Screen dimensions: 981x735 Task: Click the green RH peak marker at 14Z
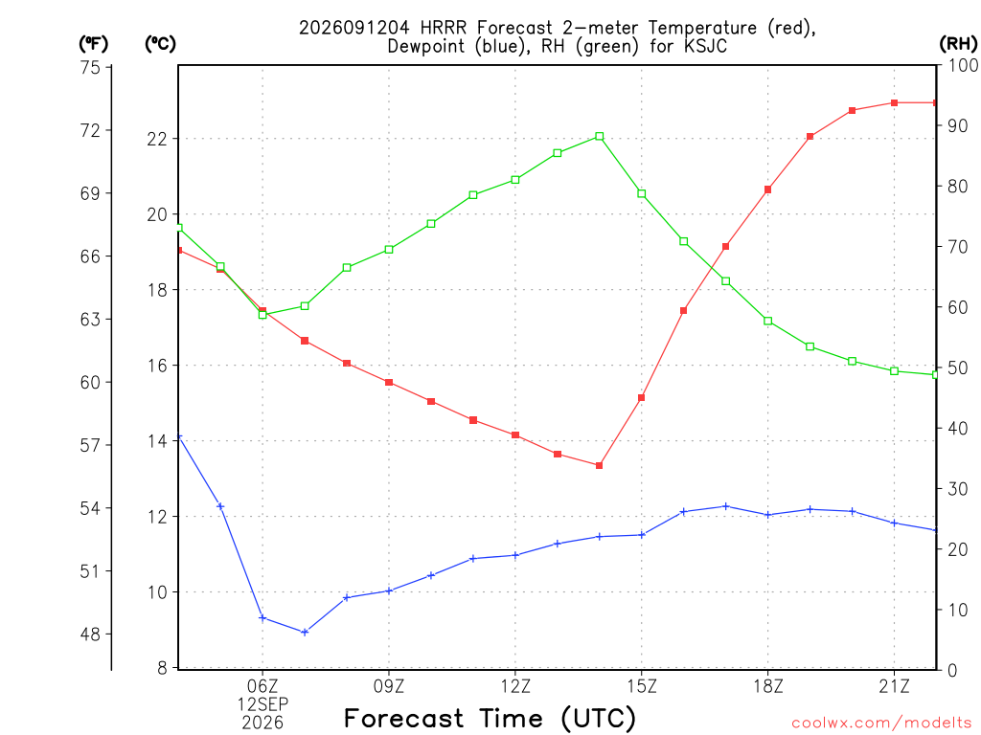coord(600,136)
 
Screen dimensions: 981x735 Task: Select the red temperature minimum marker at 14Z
coord(600,466)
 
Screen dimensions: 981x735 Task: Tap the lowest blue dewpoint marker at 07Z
coord(305,633)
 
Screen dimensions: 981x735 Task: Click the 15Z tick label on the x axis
coord(642,686)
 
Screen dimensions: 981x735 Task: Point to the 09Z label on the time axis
coord(389,686)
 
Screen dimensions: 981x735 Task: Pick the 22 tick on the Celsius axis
coord(157,139)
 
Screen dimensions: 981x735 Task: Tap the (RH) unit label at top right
coord(958,44)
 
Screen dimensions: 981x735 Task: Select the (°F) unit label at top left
coord(93,44)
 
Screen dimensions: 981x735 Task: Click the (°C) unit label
coord(160,44)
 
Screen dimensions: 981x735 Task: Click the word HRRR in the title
coord(443,28)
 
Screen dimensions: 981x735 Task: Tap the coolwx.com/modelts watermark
coord(881,724)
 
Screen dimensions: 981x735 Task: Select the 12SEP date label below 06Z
coord(262,704)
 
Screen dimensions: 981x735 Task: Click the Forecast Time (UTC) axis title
coord(490,718)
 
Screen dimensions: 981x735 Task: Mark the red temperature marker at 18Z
coord(767,189)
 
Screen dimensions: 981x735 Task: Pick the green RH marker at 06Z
coord(262,314)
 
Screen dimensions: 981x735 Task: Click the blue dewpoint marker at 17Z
coord(726,506)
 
